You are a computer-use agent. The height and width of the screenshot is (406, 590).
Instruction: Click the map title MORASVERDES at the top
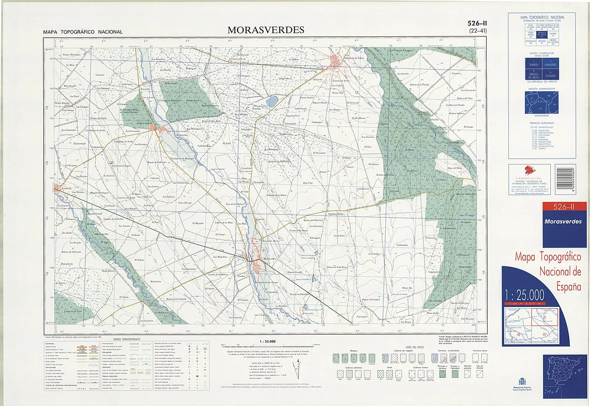click(x=265, y=30)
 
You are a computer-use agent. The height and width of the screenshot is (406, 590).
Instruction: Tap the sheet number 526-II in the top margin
click(x=478, y=24)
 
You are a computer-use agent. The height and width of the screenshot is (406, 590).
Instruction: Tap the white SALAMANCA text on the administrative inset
click(x=540, y=100)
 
